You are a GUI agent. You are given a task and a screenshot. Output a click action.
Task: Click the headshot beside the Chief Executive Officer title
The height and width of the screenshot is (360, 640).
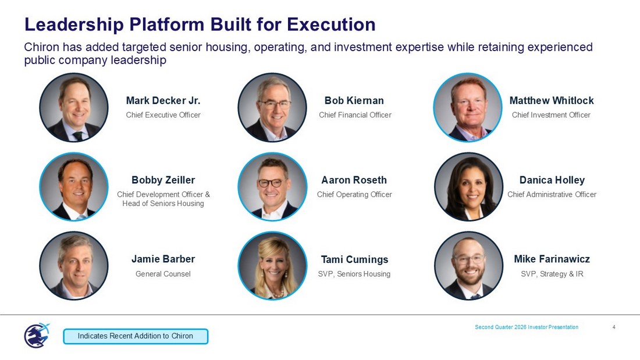tap(74, 108)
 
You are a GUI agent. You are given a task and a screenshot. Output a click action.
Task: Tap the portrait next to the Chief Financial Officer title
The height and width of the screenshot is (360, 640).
tap(272, 108)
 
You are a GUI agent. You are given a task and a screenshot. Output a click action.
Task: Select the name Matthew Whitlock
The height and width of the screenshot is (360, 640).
tap(552, 101)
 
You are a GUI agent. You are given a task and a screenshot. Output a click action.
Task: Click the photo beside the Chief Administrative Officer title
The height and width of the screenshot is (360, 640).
tap(468, 187)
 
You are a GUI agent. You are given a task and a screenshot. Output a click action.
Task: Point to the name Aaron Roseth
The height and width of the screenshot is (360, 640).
tap(354, 180)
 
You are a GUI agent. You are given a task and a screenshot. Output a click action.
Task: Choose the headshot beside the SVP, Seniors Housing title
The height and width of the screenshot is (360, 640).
tap(272, 266)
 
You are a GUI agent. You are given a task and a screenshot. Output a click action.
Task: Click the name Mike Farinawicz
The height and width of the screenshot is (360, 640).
tap(552, 259)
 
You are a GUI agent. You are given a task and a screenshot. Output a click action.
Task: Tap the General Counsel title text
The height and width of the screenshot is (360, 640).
tap(163, 274)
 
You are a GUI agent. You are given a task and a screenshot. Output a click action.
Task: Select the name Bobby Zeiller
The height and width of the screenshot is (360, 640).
tap(163, 180)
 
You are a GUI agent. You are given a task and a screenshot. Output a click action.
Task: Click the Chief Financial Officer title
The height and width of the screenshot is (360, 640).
tap(355, 115)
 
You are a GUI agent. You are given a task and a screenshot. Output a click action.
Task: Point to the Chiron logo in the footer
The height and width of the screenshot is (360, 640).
tap(37, 336)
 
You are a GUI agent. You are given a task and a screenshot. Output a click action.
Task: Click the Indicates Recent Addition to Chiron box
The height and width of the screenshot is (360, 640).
tap(136, 336)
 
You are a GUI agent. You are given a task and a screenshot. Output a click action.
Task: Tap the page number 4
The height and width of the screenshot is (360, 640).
tap(614, 327)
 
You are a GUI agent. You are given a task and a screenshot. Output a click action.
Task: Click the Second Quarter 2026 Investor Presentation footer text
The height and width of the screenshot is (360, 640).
tap(527, 327)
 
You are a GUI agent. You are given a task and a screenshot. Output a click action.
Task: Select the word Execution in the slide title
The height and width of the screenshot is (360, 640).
tap(331, 24)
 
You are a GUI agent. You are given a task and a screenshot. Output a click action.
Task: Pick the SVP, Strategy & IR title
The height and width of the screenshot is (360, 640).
tap(552, 274)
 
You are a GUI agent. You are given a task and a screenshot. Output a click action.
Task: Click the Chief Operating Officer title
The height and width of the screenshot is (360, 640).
tap(354, 195)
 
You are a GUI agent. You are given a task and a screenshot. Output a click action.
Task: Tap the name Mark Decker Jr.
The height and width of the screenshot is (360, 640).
tap(163, 101)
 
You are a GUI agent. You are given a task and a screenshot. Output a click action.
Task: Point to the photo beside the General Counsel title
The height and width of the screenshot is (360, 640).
tap(74, 266)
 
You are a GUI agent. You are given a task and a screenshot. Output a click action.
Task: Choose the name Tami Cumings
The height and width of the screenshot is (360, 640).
tap(354, 259)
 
